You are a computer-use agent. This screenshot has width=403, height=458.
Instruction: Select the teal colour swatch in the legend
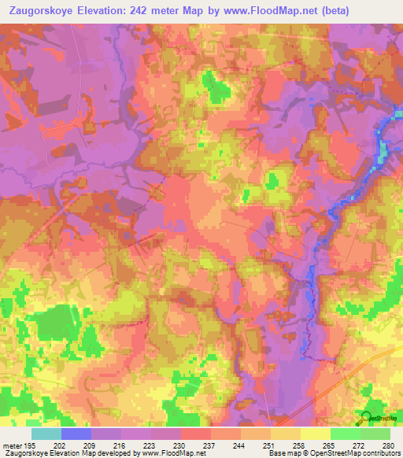click(46, 434)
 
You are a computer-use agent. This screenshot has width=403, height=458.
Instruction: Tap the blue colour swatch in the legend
click(76, 434)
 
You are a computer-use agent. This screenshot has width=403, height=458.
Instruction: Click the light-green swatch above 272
click(346, 434)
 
